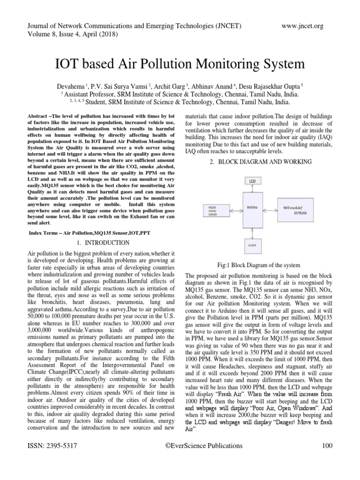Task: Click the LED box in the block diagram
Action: (x=253, y=180)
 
